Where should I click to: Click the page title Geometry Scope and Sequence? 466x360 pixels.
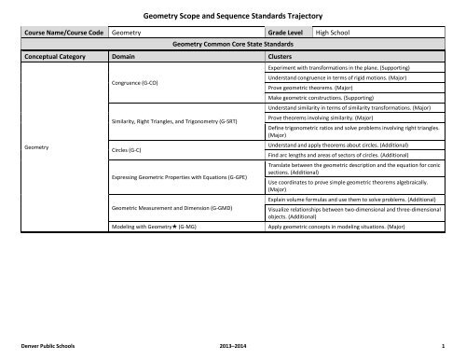(232, 15)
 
